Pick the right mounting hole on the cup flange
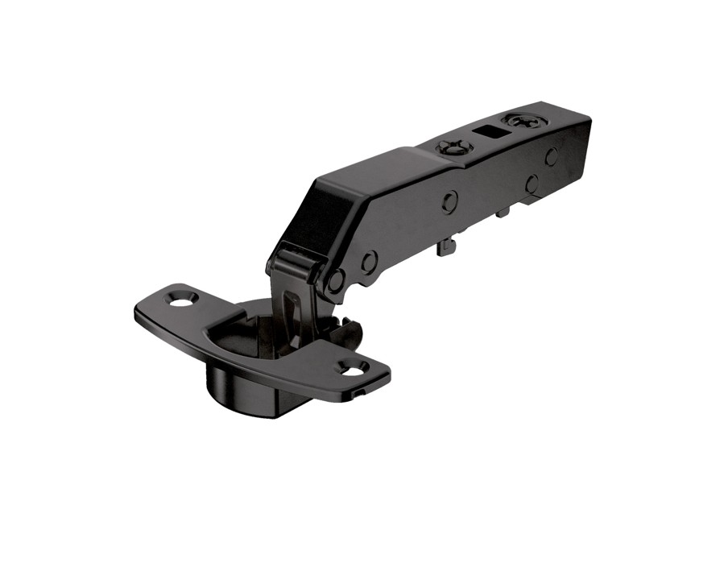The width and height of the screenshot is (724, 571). point(353,370)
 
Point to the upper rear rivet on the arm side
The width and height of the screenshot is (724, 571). point(551,156)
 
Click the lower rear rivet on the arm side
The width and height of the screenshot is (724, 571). point(532,184)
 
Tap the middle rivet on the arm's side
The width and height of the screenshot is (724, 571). point(449,201)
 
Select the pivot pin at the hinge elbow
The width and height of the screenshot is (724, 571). point(336,280)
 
